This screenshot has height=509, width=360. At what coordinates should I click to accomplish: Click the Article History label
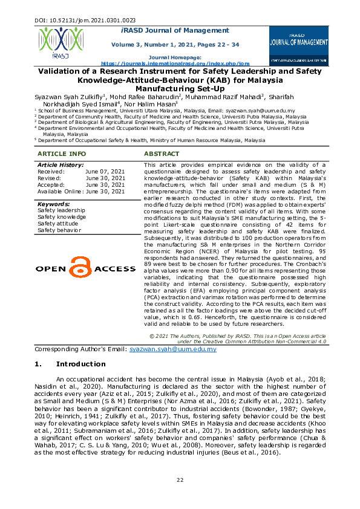coord(61,165)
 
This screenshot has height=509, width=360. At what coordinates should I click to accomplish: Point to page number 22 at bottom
coord(180,480)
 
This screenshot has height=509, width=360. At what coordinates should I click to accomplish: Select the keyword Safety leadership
coord(61,210)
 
